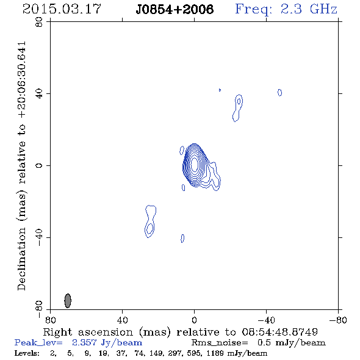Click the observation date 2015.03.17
(x=62, y=9)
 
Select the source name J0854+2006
(x=175, y=10)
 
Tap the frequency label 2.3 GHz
(x=309, y=9)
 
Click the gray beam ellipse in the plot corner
(x=68, y=301)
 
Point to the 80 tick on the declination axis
(x=39, y=22)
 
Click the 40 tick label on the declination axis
(x=39, y=94)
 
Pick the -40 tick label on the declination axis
(x=39, y=237)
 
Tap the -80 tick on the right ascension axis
(x=338, y=320)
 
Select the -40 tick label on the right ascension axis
(x=266, y=320)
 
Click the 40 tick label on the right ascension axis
(x=122, y=320)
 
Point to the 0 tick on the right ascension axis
(x=194, y=320)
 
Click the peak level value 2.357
(x=84, y=342)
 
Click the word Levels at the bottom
(x=26, y=353)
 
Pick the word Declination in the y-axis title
(x=21, y=259)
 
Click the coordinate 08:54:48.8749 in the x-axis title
(x=280, y=332)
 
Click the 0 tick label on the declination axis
(x=39, y=165)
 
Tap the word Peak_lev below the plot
(x=38, y=343)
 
